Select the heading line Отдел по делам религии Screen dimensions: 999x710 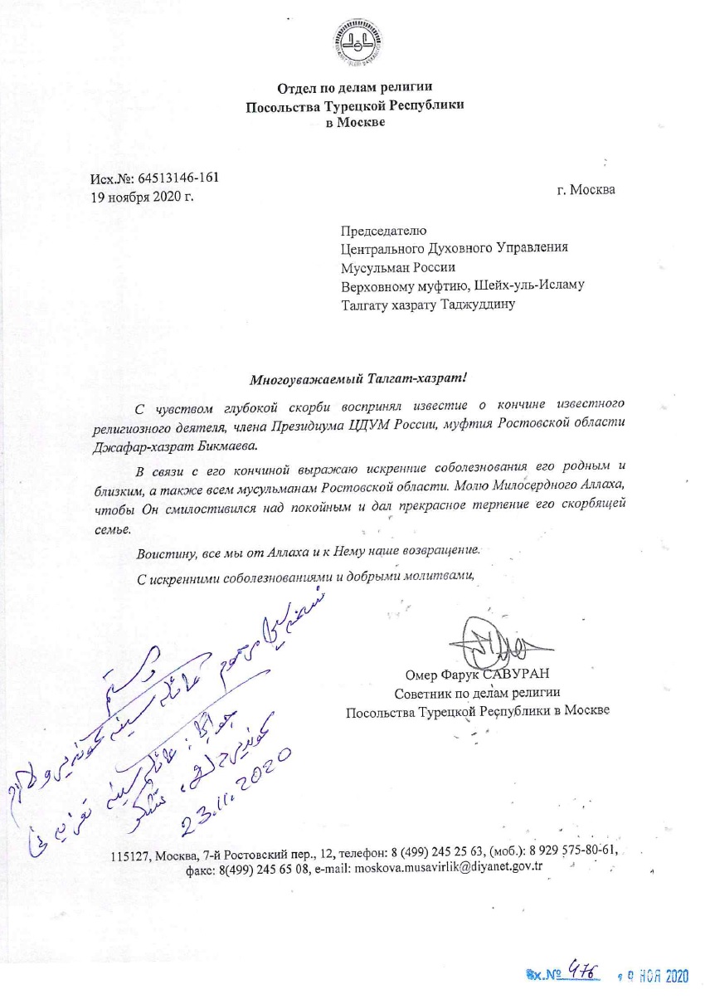point(354,88)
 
